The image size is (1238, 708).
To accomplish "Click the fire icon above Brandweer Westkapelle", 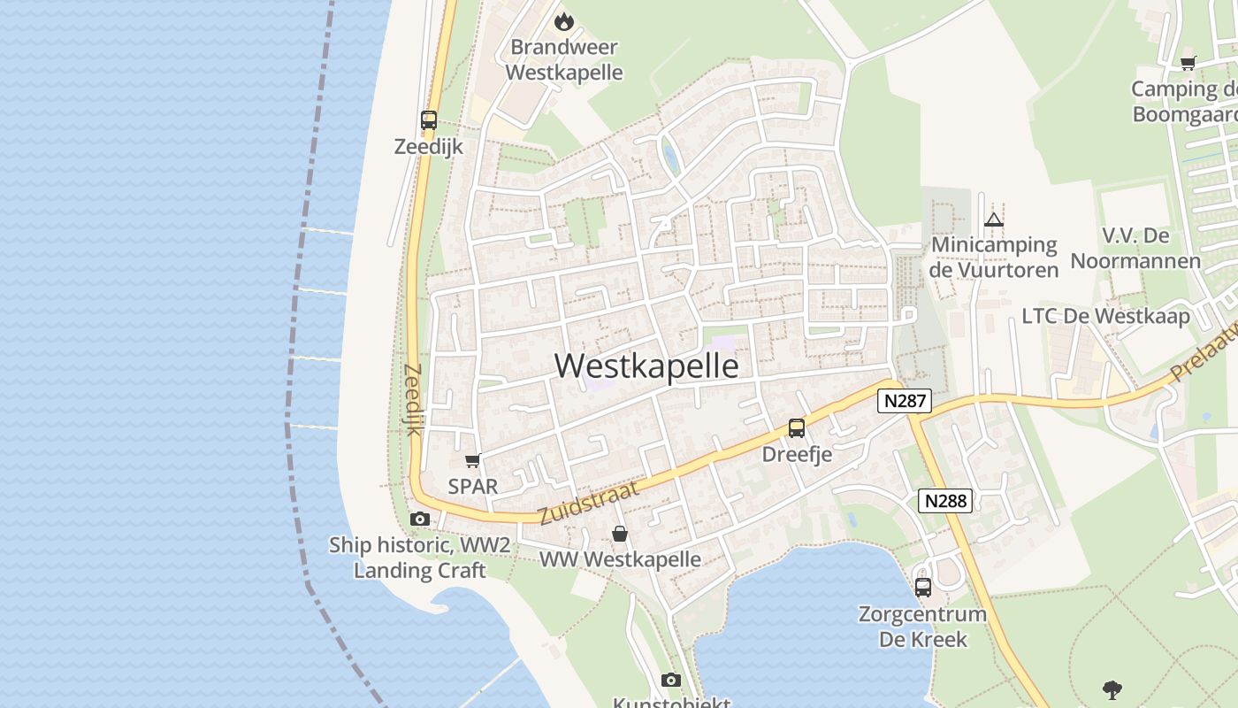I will click(564, 21).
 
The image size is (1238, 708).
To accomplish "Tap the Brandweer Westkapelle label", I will click(564, 59).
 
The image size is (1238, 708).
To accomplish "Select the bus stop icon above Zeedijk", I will click(429, 119).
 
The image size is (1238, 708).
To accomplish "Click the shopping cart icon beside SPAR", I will click(473, 460).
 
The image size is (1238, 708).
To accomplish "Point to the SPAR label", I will click(473, 486).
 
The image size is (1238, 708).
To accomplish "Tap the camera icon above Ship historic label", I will click(420, 519).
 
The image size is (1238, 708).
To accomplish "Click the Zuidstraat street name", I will click(587, 503).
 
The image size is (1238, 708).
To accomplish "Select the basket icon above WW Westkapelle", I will click(620, 534).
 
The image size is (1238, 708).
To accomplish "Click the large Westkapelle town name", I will click(646, 366).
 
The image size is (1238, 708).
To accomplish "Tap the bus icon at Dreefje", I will click(797, 428).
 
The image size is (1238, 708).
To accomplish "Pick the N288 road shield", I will click(945, 501).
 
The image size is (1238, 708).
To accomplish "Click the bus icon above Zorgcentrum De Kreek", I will click(923, 587).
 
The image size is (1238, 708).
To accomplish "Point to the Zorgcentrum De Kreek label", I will click(922, 627).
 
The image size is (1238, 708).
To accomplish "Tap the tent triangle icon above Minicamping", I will click(994, 219).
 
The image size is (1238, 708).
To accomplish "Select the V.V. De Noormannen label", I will click(1135, 248).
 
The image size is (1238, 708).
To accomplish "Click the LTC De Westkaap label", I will click(1105, 316).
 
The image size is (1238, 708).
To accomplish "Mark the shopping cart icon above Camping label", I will click(1188, 63).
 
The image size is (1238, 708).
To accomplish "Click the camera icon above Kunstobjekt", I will click(671, 680).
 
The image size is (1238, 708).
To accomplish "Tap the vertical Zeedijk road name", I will click(412, 399).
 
